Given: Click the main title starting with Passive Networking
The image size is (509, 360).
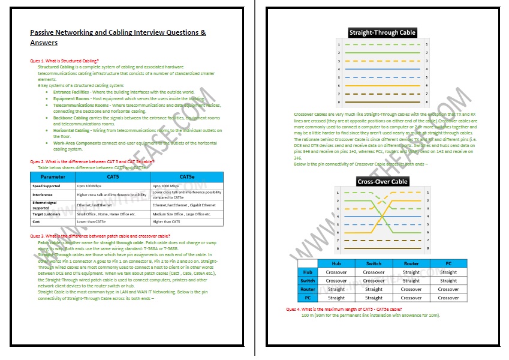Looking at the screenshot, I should [118, 37].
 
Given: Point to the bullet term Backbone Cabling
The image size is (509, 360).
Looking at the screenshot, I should [71, 119].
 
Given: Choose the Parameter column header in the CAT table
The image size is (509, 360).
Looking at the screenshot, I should [53, 178].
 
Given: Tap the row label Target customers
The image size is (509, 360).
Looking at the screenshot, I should [46, 214].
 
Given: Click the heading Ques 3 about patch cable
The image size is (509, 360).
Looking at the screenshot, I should [100, 236].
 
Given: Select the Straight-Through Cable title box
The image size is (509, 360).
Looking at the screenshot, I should [382, 32].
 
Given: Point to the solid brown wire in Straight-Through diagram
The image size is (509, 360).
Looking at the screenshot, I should [382, 103].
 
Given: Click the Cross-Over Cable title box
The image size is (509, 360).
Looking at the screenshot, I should [382, 181].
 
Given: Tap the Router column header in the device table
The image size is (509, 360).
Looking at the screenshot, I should [411, 263].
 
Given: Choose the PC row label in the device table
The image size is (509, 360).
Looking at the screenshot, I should [307, 298].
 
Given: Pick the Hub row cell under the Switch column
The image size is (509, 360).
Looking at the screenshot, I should [373, 272].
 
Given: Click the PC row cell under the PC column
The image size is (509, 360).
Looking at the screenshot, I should [448, 298].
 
